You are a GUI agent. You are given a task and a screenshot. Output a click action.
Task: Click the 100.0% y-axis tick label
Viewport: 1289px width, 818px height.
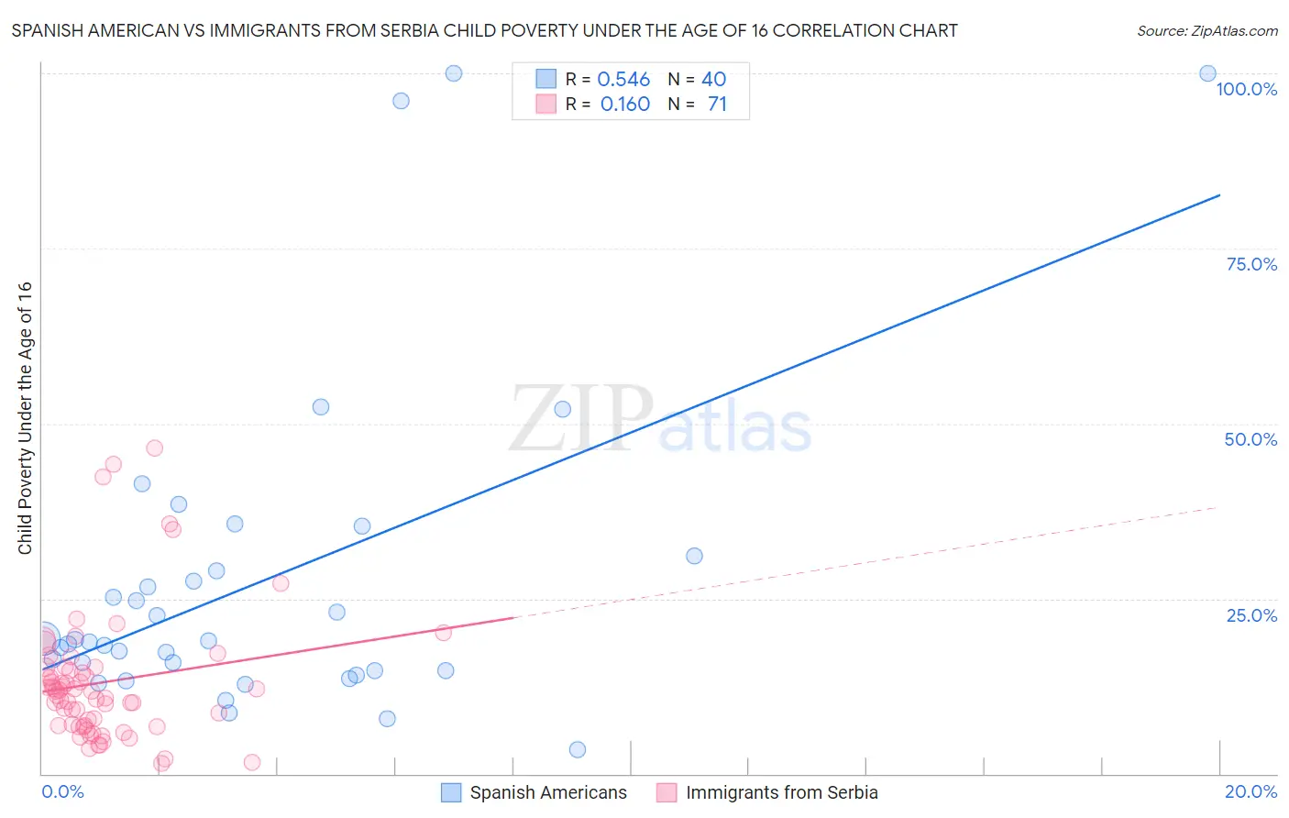coord(1246,89)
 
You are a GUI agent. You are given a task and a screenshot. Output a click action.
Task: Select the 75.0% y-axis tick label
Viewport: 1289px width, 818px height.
coord(1251,264)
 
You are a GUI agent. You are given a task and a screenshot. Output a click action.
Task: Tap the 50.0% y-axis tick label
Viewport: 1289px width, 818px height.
coord(1250,439)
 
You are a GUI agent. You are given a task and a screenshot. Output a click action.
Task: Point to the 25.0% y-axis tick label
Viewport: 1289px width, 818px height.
coord(1251,615)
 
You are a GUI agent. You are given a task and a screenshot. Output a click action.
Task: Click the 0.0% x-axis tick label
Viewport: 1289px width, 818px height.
coord(62,791)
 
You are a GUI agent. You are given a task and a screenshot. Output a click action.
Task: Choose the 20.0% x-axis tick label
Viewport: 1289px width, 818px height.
coord(1250,791)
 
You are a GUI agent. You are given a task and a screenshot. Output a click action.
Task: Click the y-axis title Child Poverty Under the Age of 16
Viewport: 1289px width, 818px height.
coord(25,417)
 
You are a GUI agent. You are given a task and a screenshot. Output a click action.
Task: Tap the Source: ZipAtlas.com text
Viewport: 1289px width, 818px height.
coord(1206,31)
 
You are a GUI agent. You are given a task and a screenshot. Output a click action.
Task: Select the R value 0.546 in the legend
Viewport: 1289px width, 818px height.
coord(623,80)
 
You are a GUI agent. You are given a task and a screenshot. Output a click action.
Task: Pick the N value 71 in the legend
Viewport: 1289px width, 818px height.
coord(717,105)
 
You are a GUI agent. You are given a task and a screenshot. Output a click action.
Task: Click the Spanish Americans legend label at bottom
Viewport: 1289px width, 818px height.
coord(548,793)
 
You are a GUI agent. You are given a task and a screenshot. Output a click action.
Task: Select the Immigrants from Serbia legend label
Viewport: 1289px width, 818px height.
coord(781,793)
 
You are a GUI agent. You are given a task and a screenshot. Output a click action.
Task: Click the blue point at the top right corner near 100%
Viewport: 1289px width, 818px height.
coord(1207,73)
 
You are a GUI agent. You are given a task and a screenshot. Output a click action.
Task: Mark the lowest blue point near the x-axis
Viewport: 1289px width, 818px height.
coord(577,749)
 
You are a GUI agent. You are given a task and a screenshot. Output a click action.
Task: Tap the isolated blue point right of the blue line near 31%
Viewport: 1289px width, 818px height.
coord(694,556)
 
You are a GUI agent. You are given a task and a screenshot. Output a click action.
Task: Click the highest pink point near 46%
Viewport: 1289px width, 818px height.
coord(154,448)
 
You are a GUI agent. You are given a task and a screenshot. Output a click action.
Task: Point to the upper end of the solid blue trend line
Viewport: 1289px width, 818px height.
coord(1219,194)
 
